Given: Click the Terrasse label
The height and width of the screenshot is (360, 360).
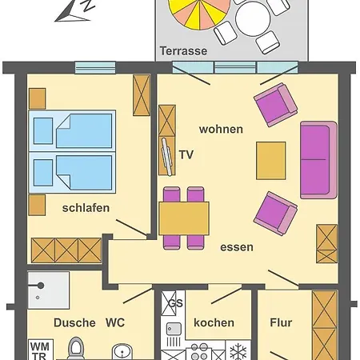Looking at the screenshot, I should pos(183,50).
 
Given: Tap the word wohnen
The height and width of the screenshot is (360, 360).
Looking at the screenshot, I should pos(221,129).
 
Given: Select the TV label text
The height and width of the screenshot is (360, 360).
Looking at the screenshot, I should pos(186,154).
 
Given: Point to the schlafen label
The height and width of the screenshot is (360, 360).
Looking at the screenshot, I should pos(86,208).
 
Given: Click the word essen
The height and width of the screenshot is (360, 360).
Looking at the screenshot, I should pos(237,247).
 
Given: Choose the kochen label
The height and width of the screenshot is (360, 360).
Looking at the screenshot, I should pos(214,322).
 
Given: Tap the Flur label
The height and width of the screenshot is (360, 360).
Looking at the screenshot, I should pos(280,322).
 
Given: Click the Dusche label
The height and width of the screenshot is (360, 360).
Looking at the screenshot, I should pos(74,323).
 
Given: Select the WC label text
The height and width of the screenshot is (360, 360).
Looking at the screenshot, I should pos(115,323).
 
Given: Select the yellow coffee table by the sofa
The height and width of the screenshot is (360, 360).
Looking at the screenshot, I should pos(270,160).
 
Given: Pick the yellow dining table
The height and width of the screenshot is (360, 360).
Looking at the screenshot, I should pos(183,218).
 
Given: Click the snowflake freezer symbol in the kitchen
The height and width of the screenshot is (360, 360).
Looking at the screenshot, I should pos(238,351).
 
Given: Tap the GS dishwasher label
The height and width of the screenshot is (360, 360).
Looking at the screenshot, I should pos(175,303).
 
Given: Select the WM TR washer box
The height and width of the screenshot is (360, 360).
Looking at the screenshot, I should pos(38,350).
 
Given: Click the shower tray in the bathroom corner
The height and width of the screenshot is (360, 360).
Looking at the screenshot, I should pos(48,290).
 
